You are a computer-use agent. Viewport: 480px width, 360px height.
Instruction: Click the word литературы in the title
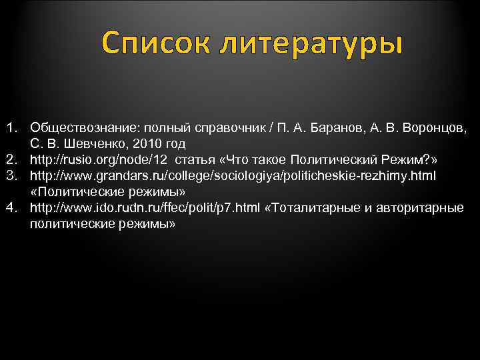[311, 44]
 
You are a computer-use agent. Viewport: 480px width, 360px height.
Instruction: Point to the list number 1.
[11, 127]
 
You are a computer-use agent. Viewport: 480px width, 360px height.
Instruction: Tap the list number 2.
[11, 159]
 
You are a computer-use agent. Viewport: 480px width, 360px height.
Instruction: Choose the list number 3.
[11, 175]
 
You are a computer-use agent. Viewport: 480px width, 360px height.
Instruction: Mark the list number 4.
[11, 207]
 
